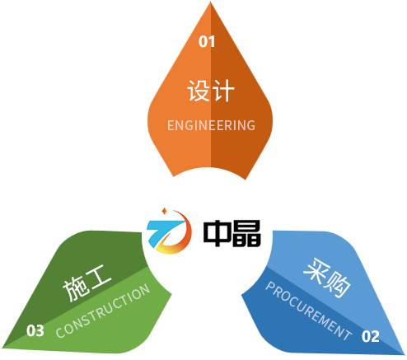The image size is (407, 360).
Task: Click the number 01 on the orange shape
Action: (x=207, y=42)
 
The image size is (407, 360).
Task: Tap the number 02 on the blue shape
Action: (x=371, y=336)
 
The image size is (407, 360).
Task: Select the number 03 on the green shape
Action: (x=35, y=330)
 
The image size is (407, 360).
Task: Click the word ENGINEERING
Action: (x=211, y=125)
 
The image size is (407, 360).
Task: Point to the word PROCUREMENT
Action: (x=309, y=311)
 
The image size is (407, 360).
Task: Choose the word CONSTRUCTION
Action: (x=103, y=311)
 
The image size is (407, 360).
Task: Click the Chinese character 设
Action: (x=199, y=91)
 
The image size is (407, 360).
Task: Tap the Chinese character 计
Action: (x=223, y=91)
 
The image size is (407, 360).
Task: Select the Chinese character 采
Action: (x=316, y=271)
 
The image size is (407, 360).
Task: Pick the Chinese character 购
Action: (x=338, y=285)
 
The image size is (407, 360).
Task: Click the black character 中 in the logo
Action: (x=217, y=233)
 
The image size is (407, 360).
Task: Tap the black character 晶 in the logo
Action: (x=246, y=233)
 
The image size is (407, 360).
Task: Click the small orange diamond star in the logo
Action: (x=165, y=211)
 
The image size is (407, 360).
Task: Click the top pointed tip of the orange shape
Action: (x=211, y=2)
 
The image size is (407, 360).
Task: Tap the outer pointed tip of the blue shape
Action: (x=405, y=354)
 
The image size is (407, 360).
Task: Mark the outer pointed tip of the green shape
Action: (x=2, y=348)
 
